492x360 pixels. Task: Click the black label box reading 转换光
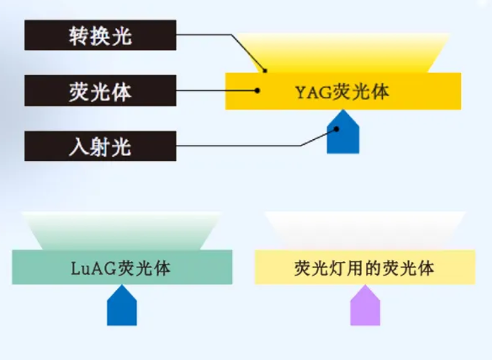coord(100,35)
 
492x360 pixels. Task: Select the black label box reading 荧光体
coord(100,91)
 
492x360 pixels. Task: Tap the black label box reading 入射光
coord(100,147)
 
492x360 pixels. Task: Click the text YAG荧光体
coord(343,92)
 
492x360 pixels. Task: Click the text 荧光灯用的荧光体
coord(365,268)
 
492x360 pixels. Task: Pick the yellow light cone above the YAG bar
coord(343,53)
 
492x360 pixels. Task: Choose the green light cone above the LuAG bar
coord(122,231)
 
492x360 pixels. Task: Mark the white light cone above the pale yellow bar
coord(365,231)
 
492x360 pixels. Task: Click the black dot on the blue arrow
coord(336,129)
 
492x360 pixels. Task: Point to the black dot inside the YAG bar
coord(257,90)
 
